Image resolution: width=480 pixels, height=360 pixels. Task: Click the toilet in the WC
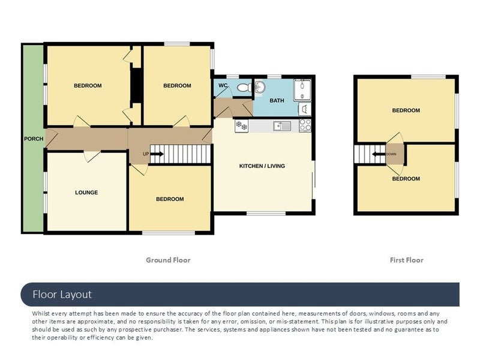pos(245,88)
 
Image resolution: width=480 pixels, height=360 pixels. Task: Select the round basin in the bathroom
pos(260,87)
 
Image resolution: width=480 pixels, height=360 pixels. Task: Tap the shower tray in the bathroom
pos(302,89)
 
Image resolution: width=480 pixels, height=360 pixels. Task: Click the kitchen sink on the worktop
pos(282,126)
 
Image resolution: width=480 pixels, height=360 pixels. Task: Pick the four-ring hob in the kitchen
pos(305,125)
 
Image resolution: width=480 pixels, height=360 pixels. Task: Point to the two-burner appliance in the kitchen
pos(242,126)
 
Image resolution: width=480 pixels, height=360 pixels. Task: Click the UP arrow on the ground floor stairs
pos(157,154)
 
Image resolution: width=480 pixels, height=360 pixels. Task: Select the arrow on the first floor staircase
pos(379,154)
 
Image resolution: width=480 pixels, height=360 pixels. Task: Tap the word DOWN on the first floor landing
pos(391,154)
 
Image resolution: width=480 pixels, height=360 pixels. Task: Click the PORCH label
pos(34,139)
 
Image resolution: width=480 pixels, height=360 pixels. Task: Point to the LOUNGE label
pos(86,193)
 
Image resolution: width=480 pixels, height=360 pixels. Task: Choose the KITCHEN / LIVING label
pos(262,166)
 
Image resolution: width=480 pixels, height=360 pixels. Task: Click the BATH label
pos(277,100)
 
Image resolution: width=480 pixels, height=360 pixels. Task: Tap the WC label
pos(223,85)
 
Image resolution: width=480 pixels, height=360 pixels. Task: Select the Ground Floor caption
pos(168,260)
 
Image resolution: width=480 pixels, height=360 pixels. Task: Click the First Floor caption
pos(407,260)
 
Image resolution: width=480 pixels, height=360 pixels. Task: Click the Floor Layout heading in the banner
pos(62,295)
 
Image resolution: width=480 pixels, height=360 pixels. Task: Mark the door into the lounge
pos(92,156)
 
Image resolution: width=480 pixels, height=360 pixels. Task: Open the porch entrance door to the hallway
pos(52,139)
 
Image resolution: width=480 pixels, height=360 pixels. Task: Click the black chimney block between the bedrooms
pos(136,85)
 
